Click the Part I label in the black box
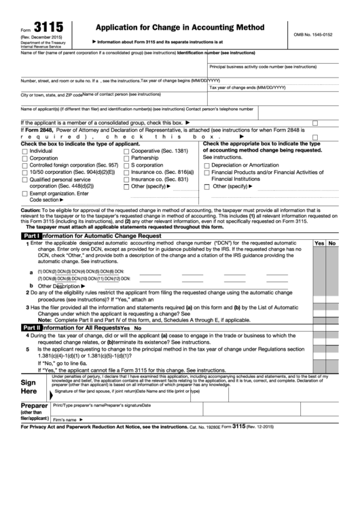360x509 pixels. click(x=32, y=235)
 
